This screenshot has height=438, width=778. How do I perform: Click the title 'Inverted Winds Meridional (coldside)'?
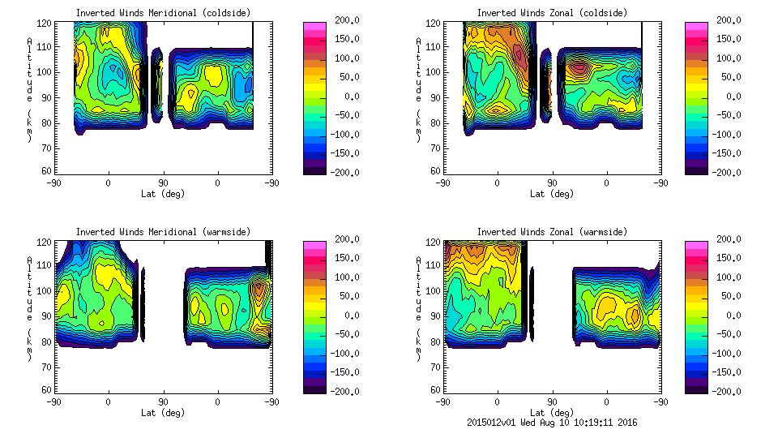(163, 13)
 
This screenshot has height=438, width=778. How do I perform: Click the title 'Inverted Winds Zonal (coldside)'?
(552, 13)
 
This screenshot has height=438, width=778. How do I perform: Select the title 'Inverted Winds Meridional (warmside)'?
(163, 232)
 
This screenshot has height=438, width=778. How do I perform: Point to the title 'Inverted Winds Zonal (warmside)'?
(552, 232)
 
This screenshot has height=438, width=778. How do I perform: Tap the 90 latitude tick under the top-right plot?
(552, 183)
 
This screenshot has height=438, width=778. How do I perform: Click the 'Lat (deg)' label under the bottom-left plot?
(163, 412)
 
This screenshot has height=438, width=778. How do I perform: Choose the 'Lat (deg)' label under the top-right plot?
(552, 194)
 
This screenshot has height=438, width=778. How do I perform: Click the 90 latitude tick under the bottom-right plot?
(552, 402)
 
